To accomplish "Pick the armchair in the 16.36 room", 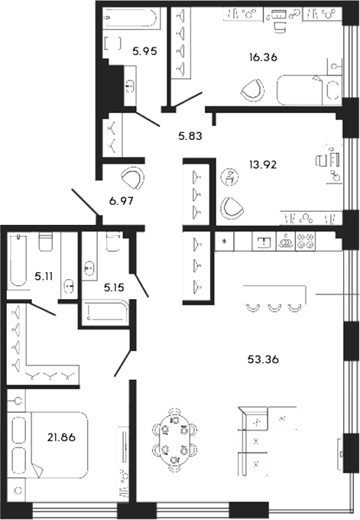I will point(251,90).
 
